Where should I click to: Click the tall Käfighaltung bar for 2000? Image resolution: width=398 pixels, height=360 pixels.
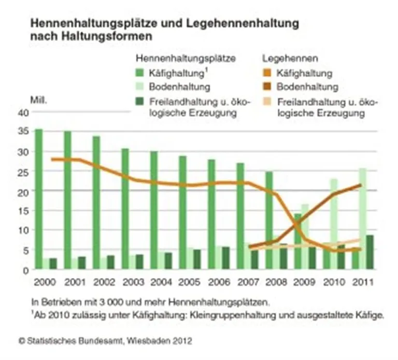coord(38,197)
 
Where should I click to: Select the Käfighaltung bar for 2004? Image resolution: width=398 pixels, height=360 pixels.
coord(153,207)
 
